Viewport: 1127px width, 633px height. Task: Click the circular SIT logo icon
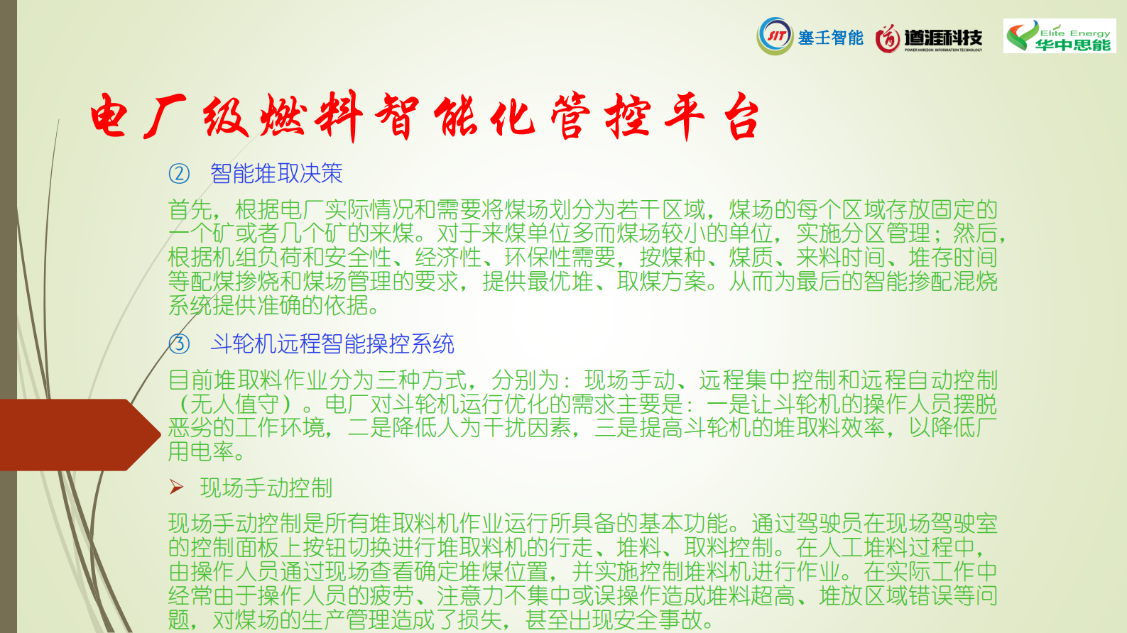click(775, 36)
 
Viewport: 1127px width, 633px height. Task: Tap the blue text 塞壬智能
click(831, 38)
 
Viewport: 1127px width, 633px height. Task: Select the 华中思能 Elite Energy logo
click(1060, 35)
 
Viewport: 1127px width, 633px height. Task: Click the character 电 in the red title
click(109, 116)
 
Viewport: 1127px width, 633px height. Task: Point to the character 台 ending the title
click(741, 118)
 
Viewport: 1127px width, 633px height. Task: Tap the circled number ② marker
click(179, 173)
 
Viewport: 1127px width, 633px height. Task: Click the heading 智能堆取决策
click(276, 173)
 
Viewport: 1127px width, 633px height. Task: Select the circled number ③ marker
click(179, 344)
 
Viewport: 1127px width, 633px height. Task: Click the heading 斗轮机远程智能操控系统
click(332, 344)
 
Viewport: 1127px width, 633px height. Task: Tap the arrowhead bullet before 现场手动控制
click(176, 487)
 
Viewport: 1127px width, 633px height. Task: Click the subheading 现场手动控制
click(266, 488)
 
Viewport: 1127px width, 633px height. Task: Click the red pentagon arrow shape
click(80, 435)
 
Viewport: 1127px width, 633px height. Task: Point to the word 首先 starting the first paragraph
click(190, 209)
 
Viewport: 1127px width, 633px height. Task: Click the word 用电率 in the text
click(201, 451)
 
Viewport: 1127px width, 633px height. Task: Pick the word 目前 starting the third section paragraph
click(190, 380)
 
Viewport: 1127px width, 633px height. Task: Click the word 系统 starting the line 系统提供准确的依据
click(190, 305)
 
